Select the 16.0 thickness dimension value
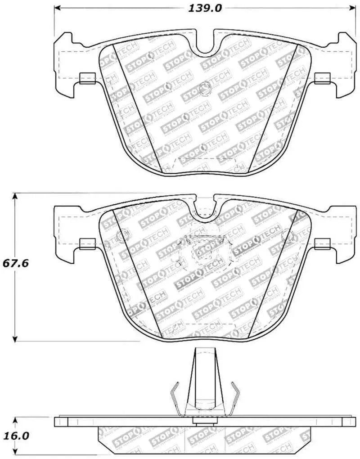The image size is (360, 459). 16,436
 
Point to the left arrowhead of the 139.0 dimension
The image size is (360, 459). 57,8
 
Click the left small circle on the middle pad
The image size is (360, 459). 122,234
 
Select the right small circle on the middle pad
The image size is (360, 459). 287,234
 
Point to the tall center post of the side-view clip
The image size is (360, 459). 205,382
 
